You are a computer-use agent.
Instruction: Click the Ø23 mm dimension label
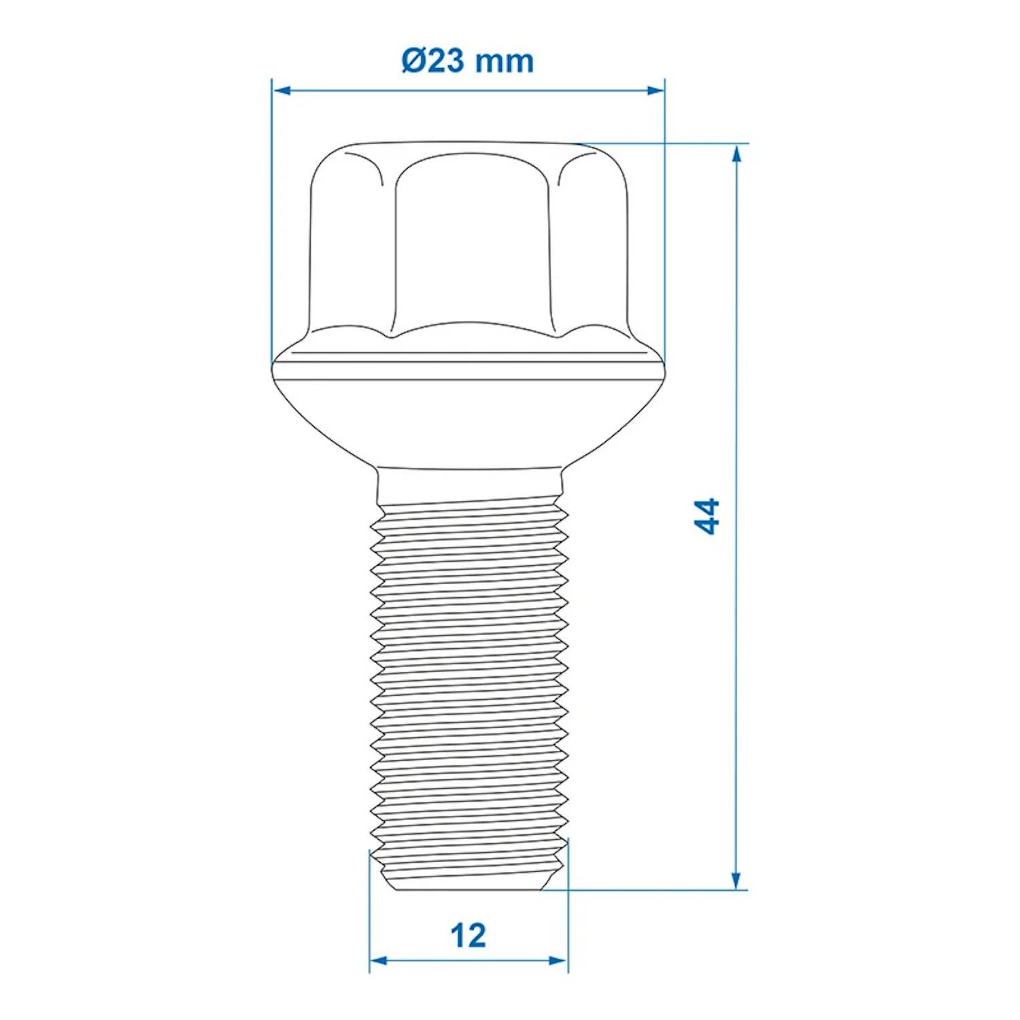coord(467,61)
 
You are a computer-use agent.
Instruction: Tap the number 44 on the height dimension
coord(707,517)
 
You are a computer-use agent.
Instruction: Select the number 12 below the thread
coord(469,936)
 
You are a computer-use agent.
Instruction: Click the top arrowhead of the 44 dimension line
coord(736,154)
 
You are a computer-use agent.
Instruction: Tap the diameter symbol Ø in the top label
coord(413,61)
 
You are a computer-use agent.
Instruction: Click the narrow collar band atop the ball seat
coord(469,367)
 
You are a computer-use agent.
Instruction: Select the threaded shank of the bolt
coord(469,680)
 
